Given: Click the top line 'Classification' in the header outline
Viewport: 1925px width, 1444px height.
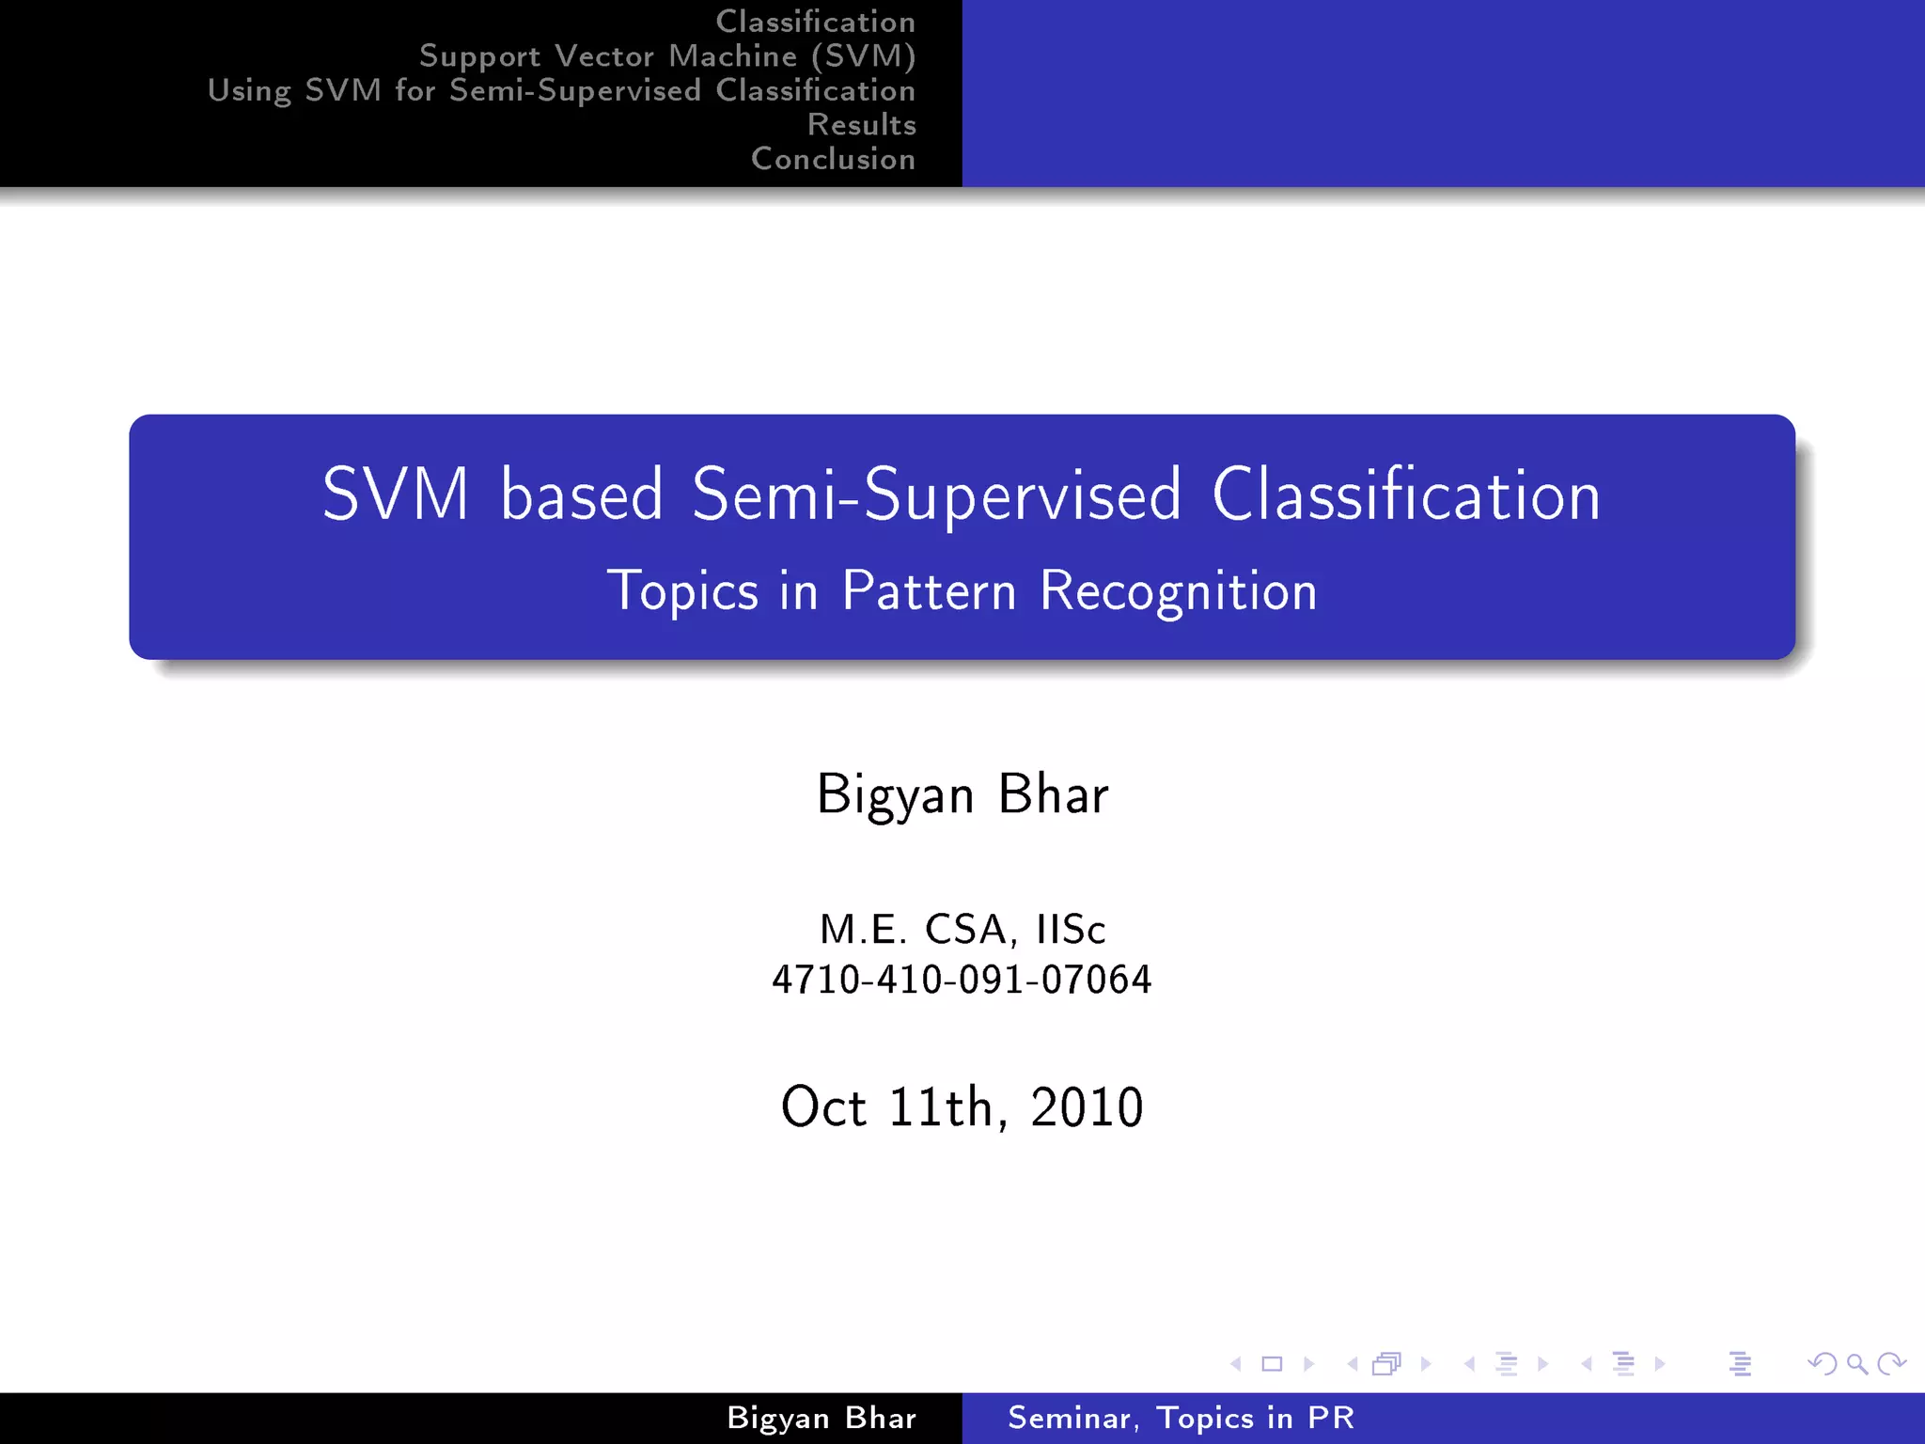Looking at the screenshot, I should [x=815, y=22].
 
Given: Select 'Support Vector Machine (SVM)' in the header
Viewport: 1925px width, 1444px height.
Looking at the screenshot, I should [x=667, y=56].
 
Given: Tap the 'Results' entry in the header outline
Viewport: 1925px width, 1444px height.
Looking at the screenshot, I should [x=861, y=125].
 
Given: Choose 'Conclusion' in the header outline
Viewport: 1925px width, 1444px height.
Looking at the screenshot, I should [x=833, y=159].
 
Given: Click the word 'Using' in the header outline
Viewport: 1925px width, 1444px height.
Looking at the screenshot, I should [x=249, y=91].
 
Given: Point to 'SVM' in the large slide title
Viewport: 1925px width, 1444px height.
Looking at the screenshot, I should [x=395, y=494].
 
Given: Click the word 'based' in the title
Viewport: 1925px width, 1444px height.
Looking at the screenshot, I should [x=581, y=494].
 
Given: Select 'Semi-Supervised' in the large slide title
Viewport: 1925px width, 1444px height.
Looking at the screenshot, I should [x=936, y=494].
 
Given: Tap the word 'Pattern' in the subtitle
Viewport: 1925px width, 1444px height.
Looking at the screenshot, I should [x=929, y=591].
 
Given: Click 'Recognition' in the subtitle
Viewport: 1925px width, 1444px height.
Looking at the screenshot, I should [x=1179, y=591].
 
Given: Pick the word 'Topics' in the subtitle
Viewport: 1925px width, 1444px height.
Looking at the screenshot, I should [x=682, y=591].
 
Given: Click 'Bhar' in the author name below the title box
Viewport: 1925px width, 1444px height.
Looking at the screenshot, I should [x=1053, y=794].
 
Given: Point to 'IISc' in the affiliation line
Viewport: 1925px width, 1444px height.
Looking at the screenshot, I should [x=1071, y=930].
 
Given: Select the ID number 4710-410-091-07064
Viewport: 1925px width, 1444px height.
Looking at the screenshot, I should [x=962, y=980].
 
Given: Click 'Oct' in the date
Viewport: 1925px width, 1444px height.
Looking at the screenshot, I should [x=823, y=1107].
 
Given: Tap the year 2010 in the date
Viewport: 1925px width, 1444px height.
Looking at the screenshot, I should [x=1087, y=1107].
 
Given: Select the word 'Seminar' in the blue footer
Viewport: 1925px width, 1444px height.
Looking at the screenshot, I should [x=1070, y=1418].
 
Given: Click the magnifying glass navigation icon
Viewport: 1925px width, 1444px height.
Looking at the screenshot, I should [x=1856, y=1364].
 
